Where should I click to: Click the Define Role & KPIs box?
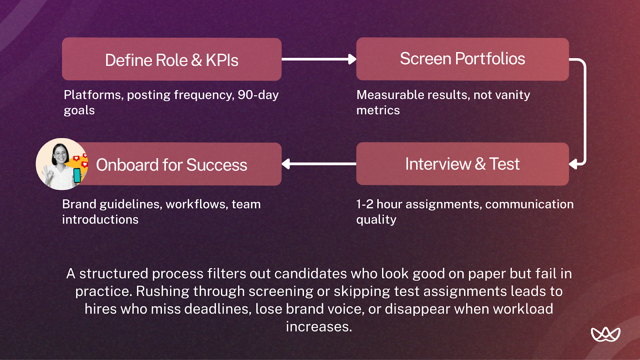(x=172, y=59)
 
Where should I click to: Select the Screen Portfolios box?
(x=462, y=59)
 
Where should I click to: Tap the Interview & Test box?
(x=462, y=164)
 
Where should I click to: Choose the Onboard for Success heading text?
(x=172, y=165)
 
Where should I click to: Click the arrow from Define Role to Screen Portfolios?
(x=318, y=59)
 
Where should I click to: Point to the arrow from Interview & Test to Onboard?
(x=318, y=164)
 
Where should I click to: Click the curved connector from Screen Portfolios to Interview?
(x=584, y=112)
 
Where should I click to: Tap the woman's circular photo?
(x=61, y=164)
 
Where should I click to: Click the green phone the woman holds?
(x=77, y=175)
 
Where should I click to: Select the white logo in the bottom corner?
(x=605, y=334)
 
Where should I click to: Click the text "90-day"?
(x=258, y=95)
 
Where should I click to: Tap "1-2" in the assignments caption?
(x=364, y=204)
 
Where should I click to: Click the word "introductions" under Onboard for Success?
(x=100, y=220)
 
